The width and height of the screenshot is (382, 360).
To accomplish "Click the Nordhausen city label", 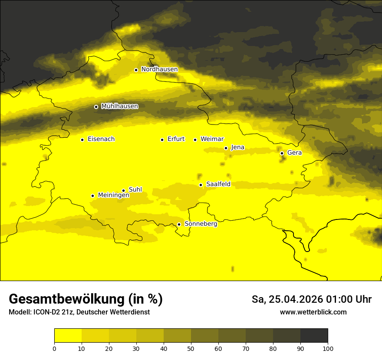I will coord(159,69).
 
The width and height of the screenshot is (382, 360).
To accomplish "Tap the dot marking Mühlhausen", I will coord(96,107).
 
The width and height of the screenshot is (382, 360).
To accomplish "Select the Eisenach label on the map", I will coord(101,139).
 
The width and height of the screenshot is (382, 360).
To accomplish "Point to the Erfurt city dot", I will coord(162,140).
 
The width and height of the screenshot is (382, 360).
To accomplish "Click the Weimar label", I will coord(212,139).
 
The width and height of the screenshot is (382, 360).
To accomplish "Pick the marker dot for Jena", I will coord(226,148).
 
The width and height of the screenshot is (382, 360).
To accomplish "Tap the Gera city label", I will coord(294,153).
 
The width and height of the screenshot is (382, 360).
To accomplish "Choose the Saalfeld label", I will coord(218,184).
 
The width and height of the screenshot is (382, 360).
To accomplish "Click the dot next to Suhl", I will coord(123,190).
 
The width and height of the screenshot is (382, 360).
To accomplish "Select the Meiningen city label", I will coord(113,195).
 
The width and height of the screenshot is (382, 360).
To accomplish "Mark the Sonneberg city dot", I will coord(179,224).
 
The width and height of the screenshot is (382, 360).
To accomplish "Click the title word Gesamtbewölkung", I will coord(65,299).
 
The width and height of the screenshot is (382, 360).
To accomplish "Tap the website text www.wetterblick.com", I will coord(313,312).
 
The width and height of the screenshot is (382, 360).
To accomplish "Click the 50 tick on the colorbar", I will coord(191,348).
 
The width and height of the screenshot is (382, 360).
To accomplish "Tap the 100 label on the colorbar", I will coord(328,348).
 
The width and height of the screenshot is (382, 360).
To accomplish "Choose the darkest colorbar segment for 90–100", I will coord(314,336).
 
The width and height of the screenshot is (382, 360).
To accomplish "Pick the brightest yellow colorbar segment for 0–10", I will coord(68,336).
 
